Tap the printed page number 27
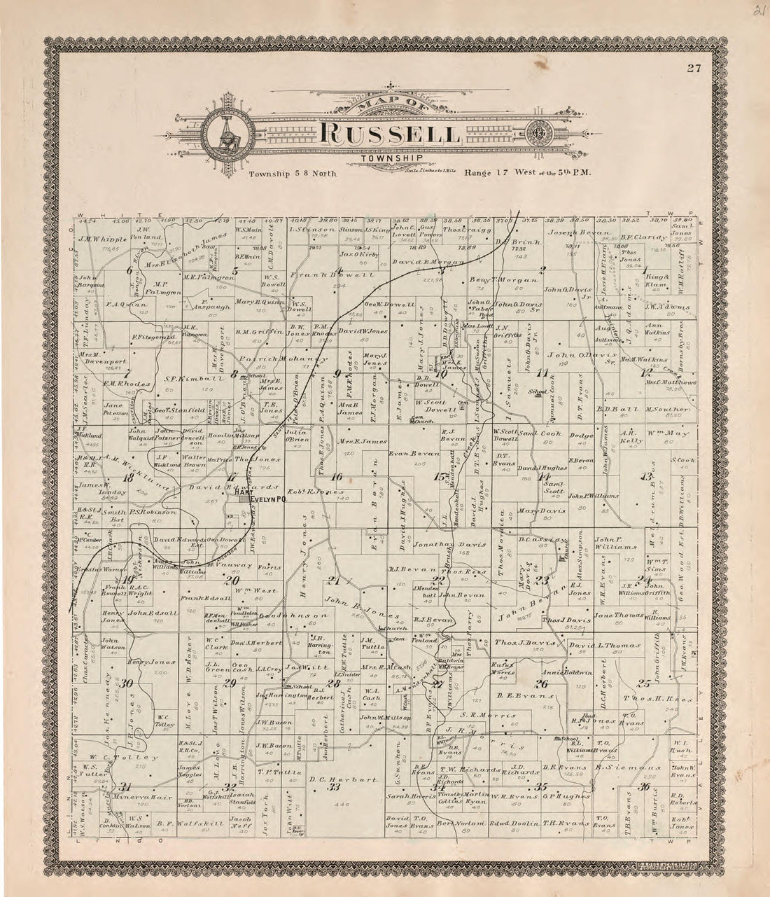pyautogui.click(x=693, y=68)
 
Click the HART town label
pyautogui.click(x=243, y=493)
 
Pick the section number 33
pyautogui.click(x=334, y=787)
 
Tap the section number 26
pyautogui.click(x=541, y=684)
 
